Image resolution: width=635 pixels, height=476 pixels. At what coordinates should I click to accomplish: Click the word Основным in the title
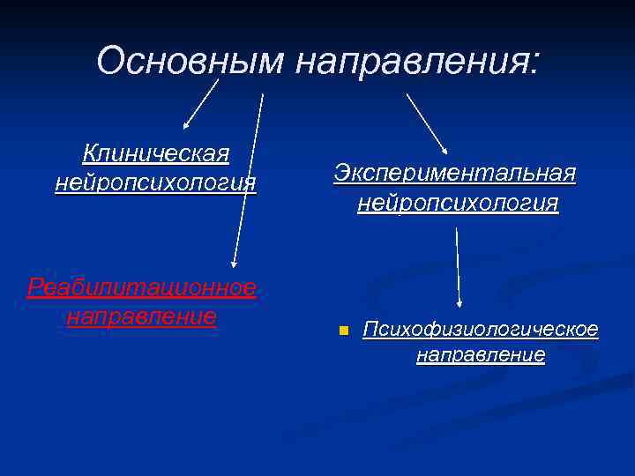[190, 61]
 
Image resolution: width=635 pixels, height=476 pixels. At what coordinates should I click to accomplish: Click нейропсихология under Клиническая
[155, 182]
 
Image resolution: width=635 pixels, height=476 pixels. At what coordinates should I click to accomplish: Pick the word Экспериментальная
[455, 174]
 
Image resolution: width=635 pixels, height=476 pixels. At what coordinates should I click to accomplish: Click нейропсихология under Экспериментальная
[458, 203]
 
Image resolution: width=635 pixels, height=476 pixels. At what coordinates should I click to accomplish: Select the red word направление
[142, 316]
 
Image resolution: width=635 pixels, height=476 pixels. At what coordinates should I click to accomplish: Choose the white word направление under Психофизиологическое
[481, 355]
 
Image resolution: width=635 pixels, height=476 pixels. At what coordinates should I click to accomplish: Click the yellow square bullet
[344, 331]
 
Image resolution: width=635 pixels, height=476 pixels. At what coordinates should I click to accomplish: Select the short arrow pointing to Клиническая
[202, 105]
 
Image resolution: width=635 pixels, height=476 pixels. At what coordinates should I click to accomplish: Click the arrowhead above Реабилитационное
[234, 262]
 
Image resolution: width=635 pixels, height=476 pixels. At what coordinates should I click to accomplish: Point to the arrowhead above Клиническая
[187, 127]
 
